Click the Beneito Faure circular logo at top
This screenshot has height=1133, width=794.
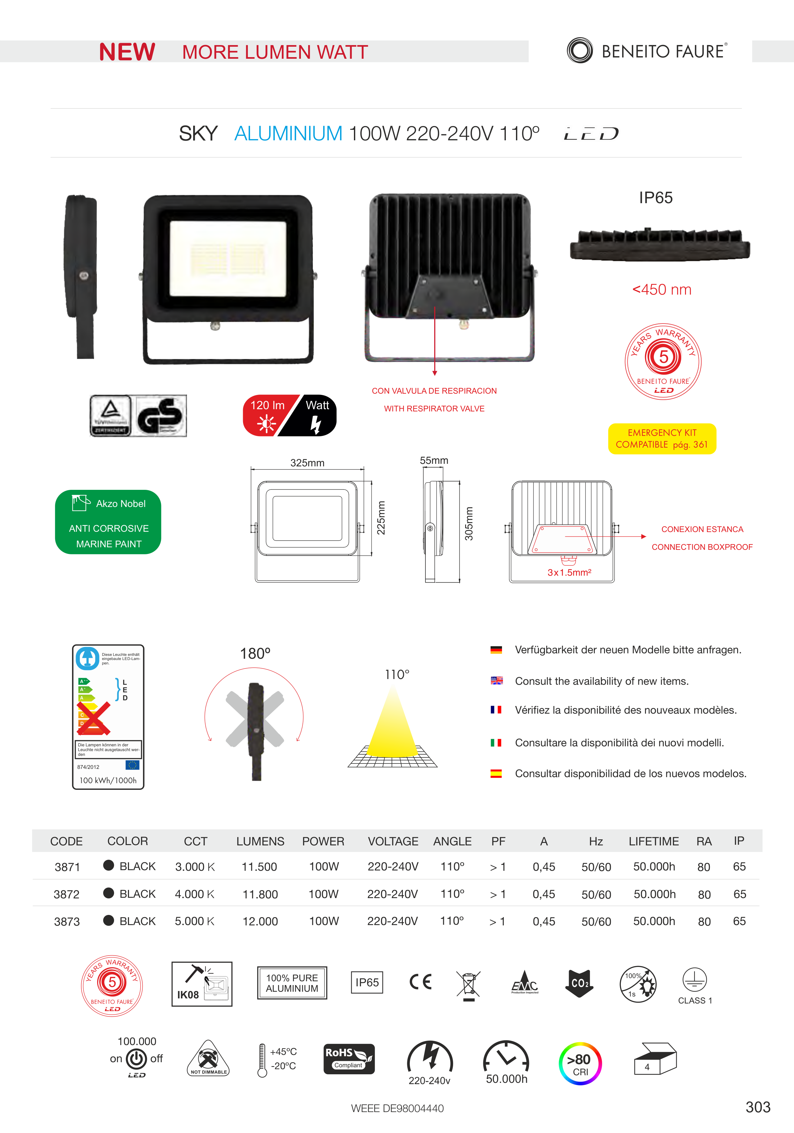coord(579,50)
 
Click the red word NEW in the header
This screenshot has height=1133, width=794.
coord(127,52)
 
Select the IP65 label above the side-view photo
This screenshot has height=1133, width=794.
coord(655,197)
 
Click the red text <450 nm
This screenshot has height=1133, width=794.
coord(661,290)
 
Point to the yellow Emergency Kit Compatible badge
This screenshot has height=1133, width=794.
coord(662,438)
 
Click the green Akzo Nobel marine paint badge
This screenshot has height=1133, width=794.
coord(108,522)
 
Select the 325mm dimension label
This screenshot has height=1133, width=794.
coord(307,463)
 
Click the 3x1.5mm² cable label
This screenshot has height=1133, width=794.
coord(569,572)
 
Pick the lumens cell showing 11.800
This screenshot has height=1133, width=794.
coord(260,894)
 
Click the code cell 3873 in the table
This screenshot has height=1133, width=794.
coord(67,921)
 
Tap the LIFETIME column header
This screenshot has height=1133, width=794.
coord(653,841)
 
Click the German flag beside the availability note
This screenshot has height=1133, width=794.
coord(496,650)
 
